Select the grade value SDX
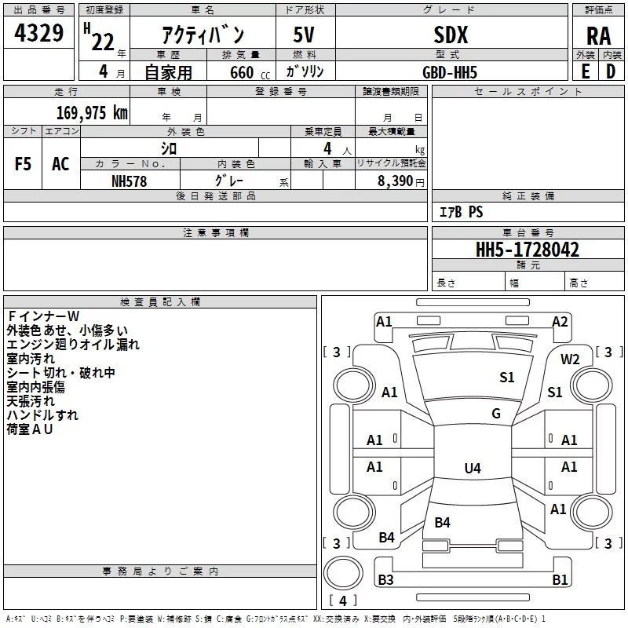[x=451, y=35]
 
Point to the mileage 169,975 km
[x=92, y=113]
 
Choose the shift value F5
[x=24, y=163]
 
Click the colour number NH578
[x=130, y=181]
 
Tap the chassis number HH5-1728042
[x=528, y=250]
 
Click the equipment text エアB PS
[x=461, y=212]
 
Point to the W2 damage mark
[x=570, y=360]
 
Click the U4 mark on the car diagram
[x=472, y=469]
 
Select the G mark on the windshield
[x=495, y=414]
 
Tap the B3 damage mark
[x=385, y=580]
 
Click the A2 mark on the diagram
[x=559, y=322]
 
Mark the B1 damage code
[x=559, y=580]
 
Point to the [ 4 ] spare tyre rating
[x=342, y=601]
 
